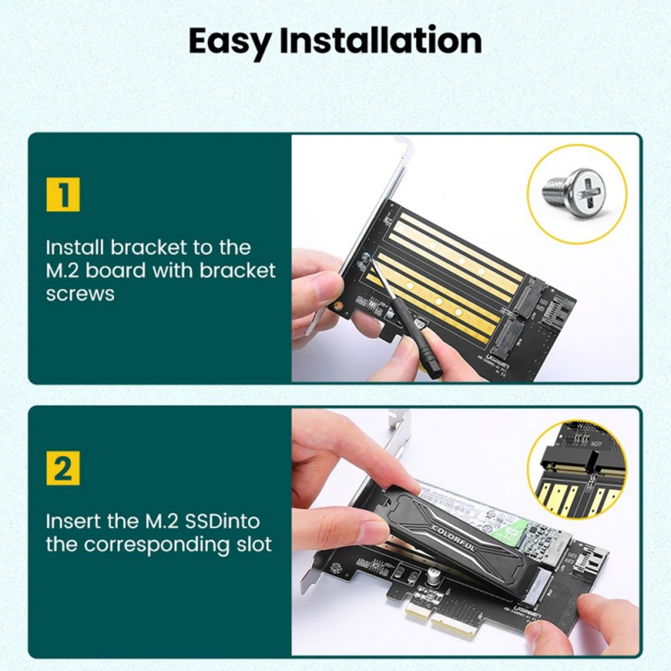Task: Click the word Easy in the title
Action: (230, 42)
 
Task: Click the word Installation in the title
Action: (380, 41)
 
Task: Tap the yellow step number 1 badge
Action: (63, 195)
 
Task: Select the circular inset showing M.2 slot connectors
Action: (577, 469)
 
